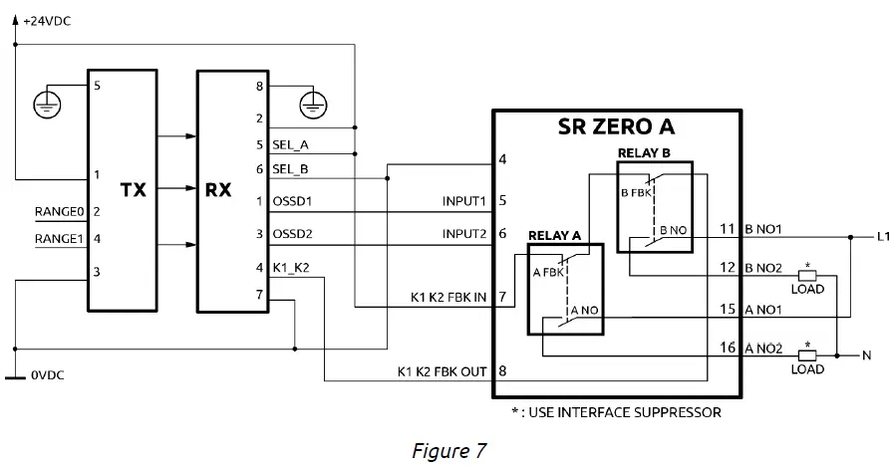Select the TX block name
click(134, 188)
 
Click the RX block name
click(218, 188)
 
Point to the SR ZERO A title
click(615, 127)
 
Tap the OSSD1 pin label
click(291, 202)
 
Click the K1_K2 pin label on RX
click(290, 266)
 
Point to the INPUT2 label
click(463, 234)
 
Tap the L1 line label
click(881, 237)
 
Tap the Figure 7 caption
click(448, 450)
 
